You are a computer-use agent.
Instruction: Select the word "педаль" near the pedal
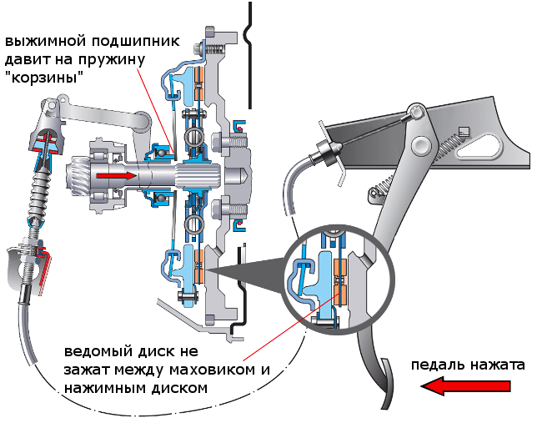[x=433, y=365]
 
